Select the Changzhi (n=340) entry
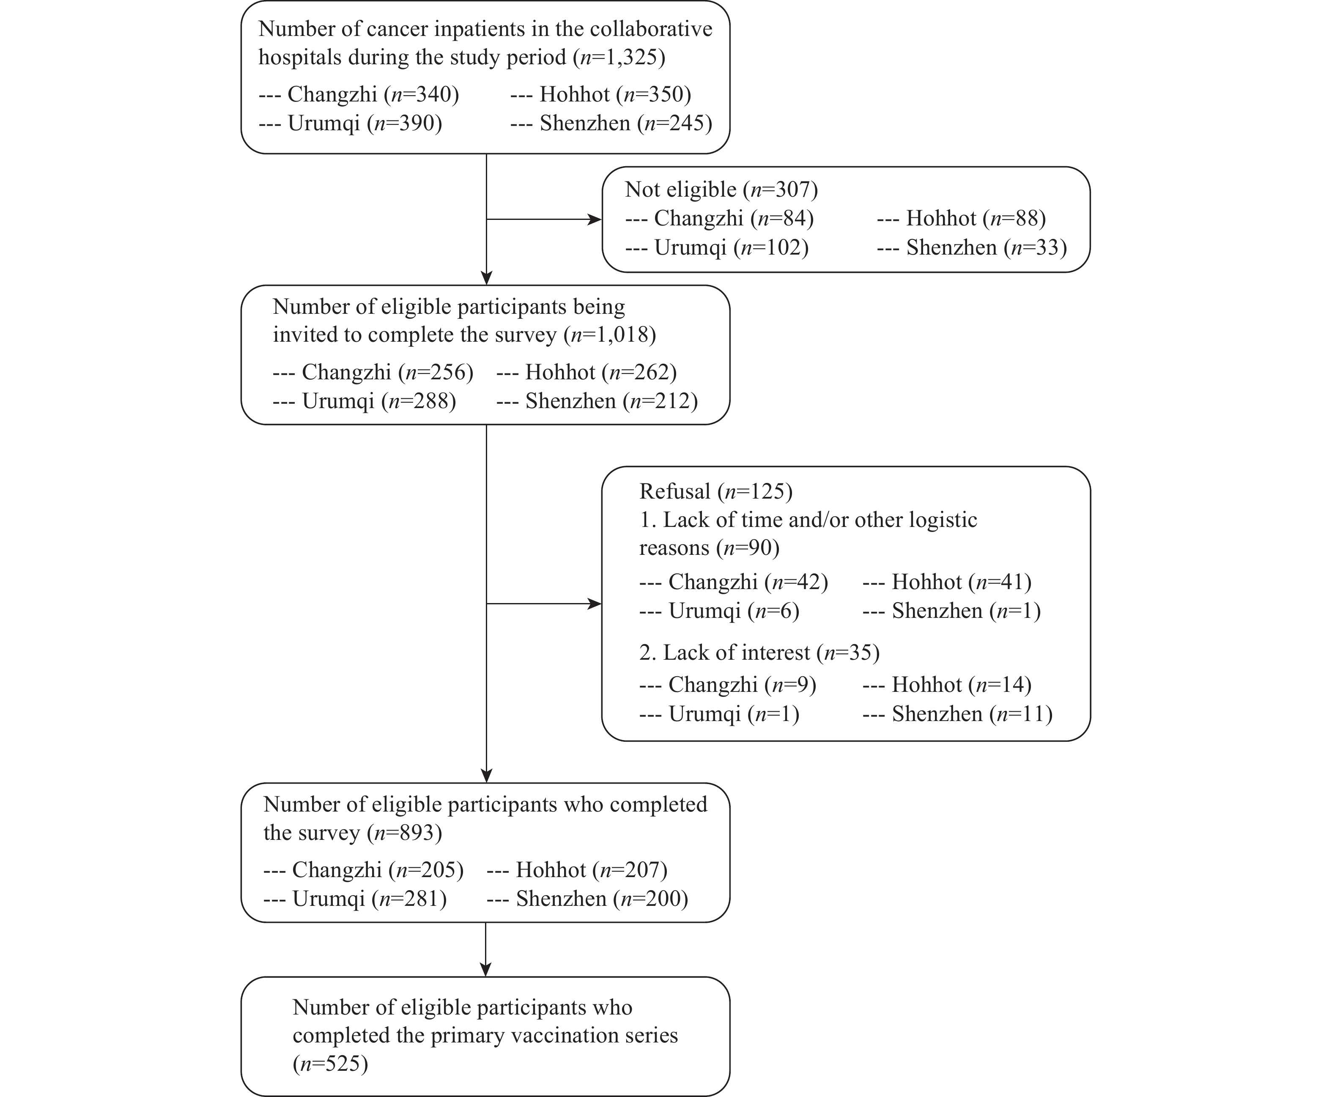(373, 94)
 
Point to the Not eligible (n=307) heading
(721, 189)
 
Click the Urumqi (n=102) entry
(732, 247)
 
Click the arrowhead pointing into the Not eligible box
(595, 219)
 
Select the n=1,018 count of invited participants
(610, 335)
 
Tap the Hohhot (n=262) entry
(601, 372)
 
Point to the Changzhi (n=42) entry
(748, 582)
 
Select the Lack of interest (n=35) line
(759, 652)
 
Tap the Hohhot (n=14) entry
(962, 685)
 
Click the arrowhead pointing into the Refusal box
(595, 603)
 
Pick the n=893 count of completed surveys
(404, 833)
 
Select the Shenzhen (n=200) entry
(602, 899)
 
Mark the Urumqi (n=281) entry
(370, 899)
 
